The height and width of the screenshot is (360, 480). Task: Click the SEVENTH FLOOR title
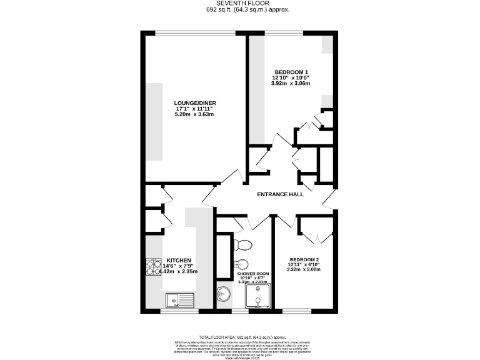point(239,3)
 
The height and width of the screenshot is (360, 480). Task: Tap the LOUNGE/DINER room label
point(195,102)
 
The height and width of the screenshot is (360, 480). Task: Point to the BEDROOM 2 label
point(304,259)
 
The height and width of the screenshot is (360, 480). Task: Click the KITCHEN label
point(178,260)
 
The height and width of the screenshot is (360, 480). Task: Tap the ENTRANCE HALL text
point(281,194)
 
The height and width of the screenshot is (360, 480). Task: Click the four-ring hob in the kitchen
point(153,267)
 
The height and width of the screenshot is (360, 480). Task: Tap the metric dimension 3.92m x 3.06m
point(291,83)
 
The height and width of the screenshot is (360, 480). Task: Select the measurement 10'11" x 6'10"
point(304,265)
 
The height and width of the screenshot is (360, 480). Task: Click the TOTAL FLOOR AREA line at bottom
point(239,336)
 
